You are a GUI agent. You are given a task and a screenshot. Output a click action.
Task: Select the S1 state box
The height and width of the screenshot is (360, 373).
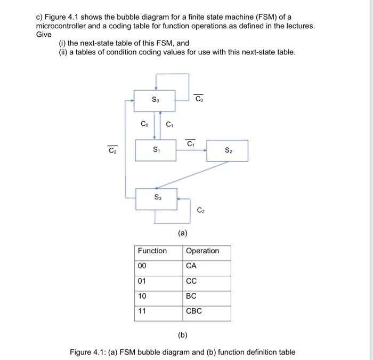pyautogui.click(x=156, y=150)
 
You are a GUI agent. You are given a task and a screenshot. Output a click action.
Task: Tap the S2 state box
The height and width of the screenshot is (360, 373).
pyautogui.click(x=227, y=150)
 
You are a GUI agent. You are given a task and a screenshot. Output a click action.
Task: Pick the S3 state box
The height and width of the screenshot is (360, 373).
pyautogui.click(x=157, y=198)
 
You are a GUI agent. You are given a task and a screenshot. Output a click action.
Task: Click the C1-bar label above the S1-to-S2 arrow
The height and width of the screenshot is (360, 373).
pyautogui.click(x=190, y=143)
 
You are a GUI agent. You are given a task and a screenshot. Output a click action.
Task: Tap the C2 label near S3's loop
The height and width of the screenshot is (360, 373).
pyautogui.click(x=200, y=211)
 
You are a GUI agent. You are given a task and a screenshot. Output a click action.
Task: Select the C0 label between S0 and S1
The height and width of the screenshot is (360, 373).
pyautogui.click(x=144, y=124)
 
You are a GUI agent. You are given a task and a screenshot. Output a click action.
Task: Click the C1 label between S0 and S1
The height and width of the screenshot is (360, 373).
pyautogui.click(x=169, y=125)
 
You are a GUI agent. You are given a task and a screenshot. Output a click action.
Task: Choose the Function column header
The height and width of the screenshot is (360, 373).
pyautogui.click(x=152, y=251)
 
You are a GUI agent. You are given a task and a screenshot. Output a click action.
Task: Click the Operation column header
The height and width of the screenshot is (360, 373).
pyautogui.click(x=202, y=251)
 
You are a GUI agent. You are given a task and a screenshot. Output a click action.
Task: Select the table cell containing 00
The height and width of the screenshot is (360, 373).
pyautogui.click(x=158, y=266)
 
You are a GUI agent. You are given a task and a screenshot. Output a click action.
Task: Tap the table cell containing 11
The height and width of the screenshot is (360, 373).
pyautogui.click(x=158, y=311)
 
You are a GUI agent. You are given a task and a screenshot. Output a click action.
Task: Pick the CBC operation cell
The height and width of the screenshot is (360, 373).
pyautogui.click(x=207, y=311)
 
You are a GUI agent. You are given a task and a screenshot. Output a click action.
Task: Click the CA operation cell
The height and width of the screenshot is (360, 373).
pyautogui.click(x=207, y=266)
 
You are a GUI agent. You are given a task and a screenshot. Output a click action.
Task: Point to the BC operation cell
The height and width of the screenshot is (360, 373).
pyautogui.click(x=207, y=296)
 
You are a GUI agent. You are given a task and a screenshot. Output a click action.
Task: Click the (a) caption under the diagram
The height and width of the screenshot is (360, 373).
pyautogui.click(x=182, y=233)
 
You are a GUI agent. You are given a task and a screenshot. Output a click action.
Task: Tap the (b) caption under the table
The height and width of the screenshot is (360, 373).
pyautogui.click(x=182, y=337)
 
